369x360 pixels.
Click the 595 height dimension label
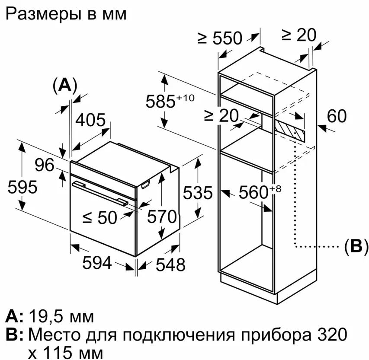coord(22,188)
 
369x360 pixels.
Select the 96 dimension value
coord(44,165)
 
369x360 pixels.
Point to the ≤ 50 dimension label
coord(99,218)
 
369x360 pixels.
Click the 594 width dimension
coord(97,263)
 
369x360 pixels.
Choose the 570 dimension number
coord(162,216)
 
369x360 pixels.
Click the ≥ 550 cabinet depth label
coord(219,38)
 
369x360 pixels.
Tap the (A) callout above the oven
coord(64,85)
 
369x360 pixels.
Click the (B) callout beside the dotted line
coord(355,246)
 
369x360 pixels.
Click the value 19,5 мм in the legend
coord(61,317)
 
